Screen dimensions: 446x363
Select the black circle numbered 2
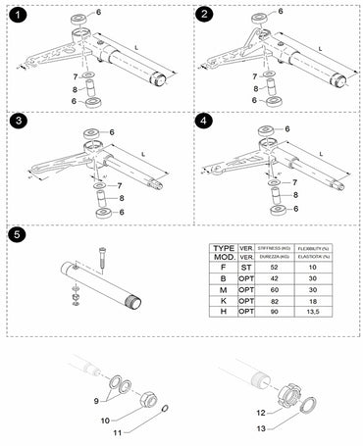point(204,15)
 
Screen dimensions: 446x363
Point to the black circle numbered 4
point(204,124)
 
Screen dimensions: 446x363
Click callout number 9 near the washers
point(97,401)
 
